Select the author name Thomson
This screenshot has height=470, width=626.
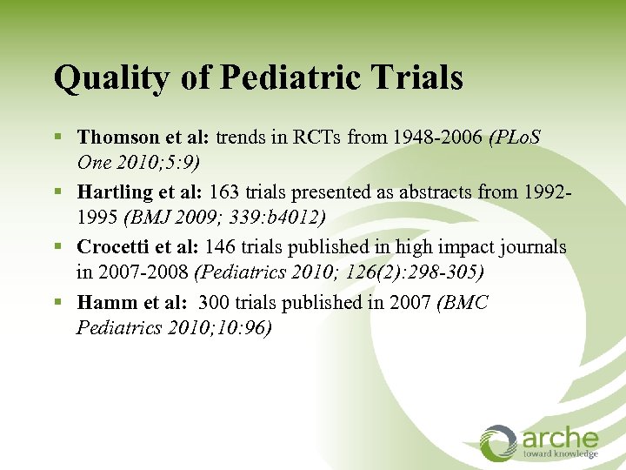point(114,137)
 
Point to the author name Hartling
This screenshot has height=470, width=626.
point(111,192)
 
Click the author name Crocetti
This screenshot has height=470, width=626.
point(112,248)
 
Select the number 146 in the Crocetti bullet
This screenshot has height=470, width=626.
point(222,248)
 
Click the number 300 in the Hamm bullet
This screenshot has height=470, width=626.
point(215,303)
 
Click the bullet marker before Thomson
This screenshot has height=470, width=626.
point(58,138)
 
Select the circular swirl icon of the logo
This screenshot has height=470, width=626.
point(499,442)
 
